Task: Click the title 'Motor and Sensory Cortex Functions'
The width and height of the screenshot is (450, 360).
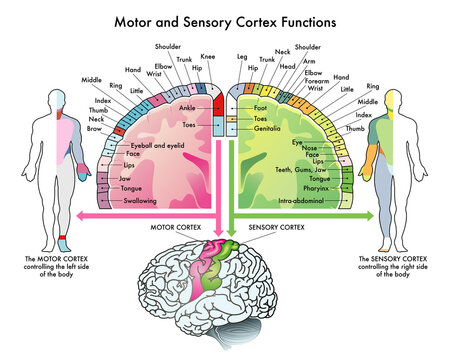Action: tap(224, 20)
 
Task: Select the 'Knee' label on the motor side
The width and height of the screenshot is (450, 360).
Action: tap(207, 57)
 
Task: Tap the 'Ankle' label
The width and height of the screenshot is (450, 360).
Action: tap(189, 108)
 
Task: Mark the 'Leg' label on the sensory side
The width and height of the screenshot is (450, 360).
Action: tap(241, 57)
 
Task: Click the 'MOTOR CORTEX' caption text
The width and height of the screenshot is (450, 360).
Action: tap(172, 225)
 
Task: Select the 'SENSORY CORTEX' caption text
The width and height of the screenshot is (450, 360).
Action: tap(277, 225)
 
